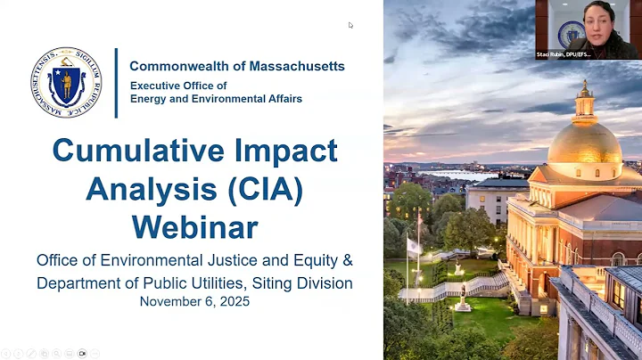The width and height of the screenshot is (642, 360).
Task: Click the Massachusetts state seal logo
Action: (x=66, y=83)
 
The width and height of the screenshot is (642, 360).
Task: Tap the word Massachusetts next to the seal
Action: (x=295, y=67)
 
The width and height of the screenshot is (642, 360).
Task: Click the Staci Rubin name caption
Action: (x=588, y=53)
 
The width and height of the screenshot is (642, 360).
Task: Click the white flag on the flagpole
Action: (x=414, y=245)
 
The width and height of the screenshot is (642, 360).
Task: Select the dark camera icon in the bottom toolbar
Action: (x=82, y=353)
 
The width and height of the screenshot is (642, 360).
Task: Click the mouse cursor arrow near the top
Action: (x=351, y=25)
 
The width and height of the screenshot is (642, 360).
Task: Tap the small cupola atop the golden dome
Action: (x=585, y=101)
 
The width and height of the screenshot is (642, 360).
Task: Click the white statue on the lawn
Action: (x=462, y=298)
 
